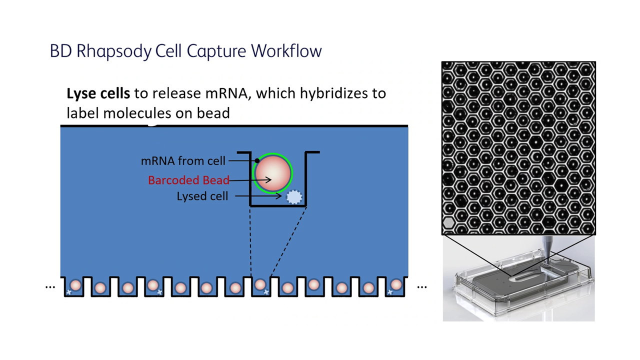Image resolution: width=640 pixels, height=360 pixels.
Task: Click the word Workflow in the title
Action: [286, 51]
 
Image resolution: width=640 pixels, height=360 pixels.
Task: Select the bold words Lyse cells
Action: [98, 93]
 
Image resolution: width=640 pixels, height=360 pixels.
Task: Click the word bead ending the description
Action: [213, 113]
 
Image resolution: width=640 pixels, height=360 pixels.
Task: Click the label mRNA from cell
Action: [183, 161]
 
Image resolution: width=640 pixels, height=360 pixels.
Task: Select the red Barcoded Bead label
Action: [188, 180]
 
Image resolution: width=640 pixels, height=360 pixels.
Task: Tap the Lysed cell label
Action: [202, 196]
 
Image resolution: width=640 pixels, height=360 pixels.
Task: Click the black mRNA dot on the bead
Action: [257, 160]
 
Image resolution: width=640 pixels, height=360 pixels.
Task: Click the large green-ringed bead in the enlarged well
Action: [273, 173]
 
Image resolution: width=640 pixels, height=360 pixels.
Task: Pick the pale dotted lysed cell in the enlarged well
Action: [294, 197]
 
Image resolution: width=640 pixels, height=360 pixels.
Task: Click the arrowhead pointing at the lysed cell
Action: [278, 196]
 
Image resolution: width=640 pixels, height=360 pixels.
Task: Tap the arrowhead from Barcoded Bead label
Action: [268, 179]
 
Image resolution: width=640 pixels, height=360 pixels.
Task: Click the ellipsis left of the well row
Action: [50, 287]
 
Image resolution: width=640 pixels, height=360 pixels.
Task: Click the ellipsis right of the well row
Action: [422, 287]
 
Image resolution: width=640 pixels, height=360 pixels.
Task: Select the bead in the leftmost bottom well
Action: [75, 285]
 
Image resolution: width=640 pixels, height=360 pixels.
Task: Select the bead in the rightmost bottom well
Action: [396, 285]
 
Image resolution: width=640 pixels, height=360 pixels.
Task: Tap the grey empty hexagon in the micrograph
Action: [449, 222]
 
